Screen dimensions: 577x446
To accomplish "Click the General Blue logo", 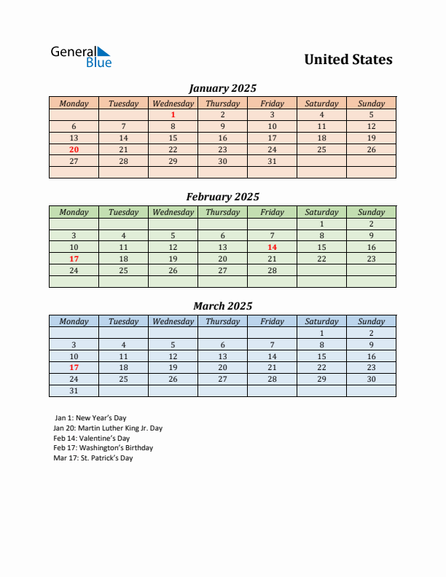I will pyautogui.click(x=80, y=57).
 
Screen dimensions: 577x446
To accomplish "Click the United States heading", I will pyautogui.click(x=348, y=60).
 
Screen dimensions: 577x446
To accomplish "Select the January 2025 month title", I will pyautogui.click(x=222, y=88).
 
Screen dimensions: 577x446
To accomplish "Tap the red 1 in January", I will pyautogui.click(x=173, y=114).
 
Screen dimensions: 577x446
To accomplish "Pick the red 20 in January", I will pyautogui.click(x=74, y=149).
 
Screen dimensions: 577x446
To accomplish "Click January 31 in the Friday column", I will pyautogui.click(x=272, y=161).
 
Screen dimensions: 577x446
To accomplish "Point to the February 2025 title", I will pyautogui.click(x=222, y=197).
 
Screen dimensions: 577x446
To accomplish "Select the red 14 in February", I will pyautogui.click(x=272, y=247).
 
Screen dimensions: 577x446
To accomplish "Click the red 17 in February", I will pyautogui.click(x=74, y=259).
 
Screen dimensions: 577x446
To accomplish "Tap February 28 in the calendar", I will pyautogui.click(x=272, y=270).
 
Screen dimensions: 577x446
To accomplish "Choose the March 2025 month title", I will pyautogui.click(x=222, y=306).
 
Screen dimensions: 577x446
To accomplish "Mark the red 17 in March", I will pyautogui.click(x=74, y=368).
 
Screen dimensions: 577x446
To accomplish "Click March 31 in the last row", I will pyautogui.click(x=74, y=391).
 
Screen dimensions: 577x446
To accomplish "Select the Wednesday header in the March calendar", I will pyautogui.click(x=173, y=321).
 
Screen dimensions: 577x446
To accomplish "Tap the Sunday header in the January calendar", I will pyautogui.click(x=371, y=103).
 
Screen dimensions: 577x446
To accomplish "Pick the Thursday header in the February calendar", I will pyautogui.click(x=222, y=212).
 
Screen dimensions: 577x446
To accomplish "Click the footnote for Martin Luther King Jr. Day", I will pyautogui.click(x=108, y=428).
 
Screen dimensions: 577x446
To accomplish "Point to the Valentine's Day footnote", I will pyautogui.click(x=92, y=439).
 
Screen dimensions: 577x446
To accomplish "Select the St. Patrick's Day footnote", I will pyautogui.click(x=93, y=458).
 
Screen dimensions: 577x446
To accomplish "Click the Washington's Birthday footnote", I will pyautogui.click(x=103, y=448).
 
